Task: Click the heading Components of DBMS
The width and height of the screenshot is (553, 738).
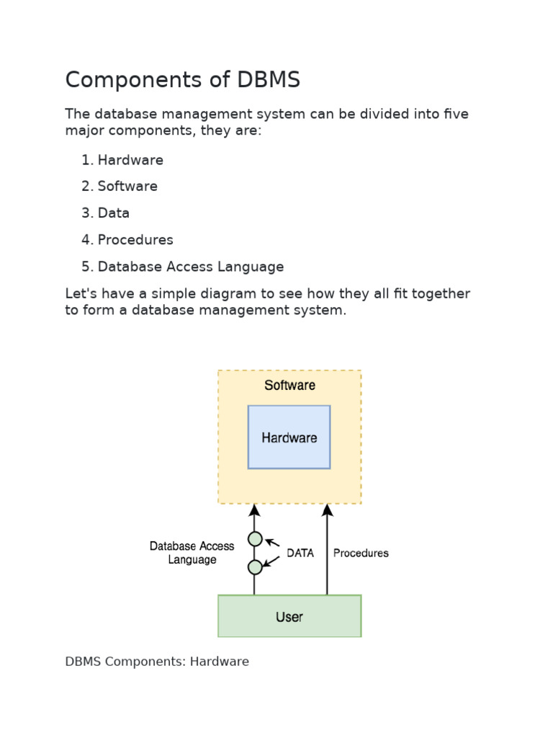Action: [x=182, y=80]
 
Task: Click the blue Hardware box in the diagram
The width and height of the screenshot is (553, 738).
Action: [x=289, y=437]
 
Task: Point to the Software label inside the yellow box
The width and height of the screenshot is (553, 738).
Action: [x=289, y=386]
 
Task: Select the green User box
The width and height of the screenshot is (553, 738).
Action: [x=289, y=616]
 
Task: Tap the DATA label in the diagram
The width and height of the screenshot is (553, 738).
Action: [x=300, y=553]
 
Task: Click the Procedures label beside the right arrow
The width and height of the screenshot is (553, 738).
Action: [x=361, y=553]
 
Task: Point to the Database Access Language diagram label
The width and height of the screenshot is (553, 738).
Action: [x=192, y=553]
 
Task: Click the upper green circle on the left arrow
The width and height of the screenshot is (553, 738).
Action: [x=255, y=538]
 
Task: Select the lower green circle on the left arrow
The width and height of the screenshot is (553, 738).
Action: [x=255, y=567]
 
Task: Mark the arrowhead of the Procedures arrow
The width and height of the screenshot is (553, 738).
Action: [x=327, y=510]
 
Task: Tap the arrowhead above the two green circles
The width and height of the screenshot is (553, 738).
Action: [x=254, y=510]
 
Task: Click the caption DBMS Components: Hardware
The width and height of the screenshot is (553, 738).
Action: [x=157, y=662]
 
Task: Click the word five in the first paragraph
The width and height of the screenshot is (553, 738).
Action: [x=456, y=115]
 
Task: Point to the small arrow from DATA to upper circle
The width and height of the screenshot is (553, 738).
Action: [x=273, y=543]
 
